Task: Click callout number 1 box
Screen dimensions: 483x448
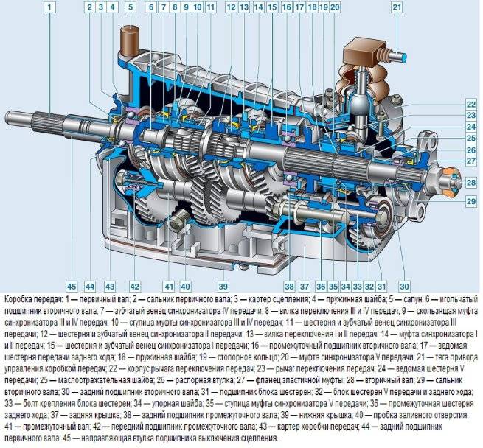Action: [x=50, y=7]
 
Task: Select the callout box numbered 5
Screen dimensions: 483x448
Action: [x=131, y=7]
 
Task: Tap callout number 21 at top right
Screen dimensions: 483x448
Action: [x=397, y=7]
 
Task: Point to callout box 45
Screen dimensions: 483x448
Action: [x=72, y=287]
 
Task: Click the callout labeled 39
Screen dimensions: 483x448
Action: [x=223, y=287]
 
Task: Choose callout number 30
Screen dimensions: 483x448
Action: [x=404, y=287]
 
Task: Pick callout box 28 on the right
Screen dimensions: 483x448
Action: [x=471, y=183]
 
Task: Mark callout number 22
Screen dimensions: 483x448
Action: [x=471, y=105]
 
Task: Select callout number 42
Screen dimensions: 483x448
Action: [x=135, y=287]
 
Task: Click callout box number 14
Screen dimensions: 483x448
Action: [x=258, y=7]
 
